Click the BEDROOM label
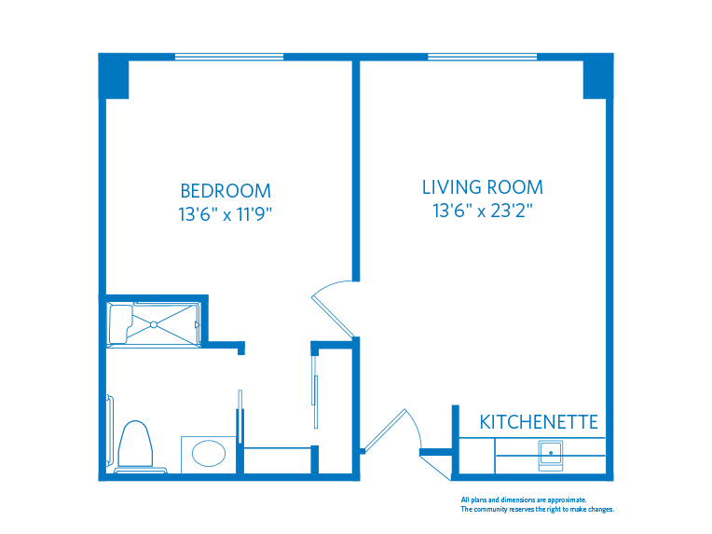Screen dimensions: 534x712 (x=226, y=190)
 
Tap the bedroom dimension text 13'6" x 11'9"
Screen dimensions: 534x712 (x=226, y=214)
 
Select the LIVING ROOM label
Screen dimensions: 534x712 (x=482, y=187)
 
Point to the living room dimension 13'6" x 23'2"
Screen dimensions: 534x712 (x=482, y=212)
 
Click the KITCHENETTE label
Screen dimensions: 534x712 (x=539, y=422)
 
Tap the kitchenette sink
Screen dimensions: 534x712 (x=551, y=454)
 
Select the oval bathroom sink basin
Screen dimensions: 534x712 (x=209, y=455)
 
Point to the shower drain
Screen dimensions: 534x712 (x=154, y=323)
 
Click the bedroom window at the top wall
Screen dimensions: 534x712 (x=229, y=57)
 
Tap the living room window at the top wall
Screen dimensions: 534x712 (x=482, y=57)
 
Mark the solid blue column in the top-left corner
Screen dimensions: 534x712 (x=114, y=76)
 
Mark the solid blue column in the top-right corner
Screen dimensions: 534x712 (x=597, y=76)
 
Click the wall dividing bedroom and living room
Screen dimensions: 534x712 (x=355, y=168)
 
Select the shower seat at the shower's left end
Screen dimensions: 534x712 (x=120, y=323)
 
